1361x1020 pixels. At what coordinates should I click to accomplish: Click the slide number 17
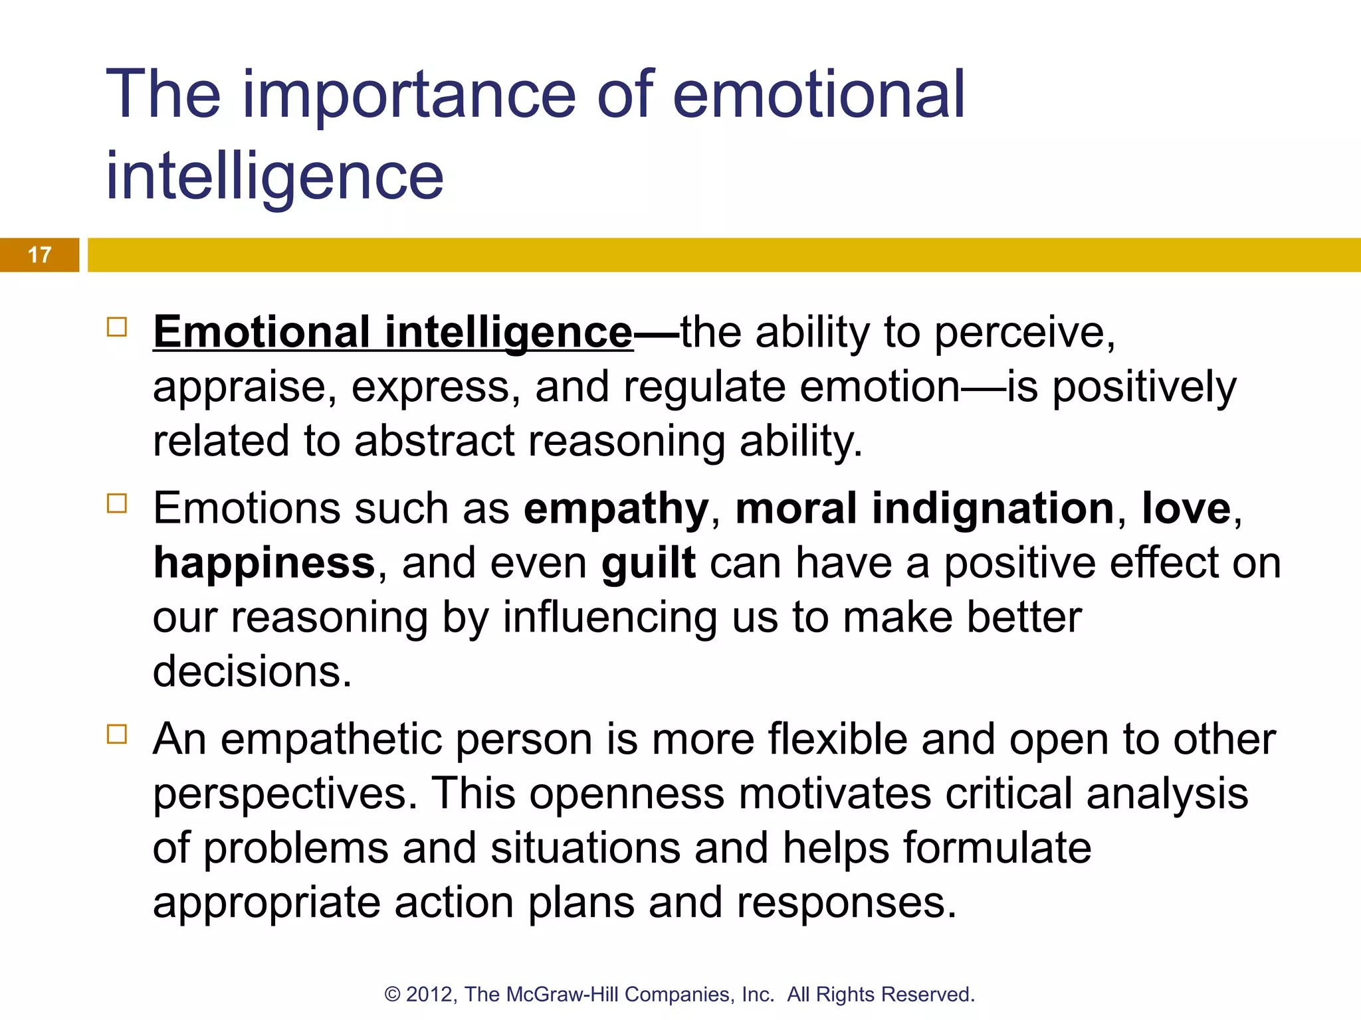pos(40,255)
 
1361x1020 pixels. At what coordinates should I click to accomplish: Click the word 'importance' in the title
pos(409,96)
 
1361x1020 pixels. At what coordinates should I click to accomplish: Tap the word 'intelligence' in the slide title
pos(274,176)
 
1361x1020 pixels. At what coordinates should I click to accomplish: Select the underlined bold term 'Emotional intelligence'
pos(393,332)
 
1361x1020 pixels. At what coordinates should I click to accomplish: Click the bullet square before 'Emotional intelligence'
pos(117,327)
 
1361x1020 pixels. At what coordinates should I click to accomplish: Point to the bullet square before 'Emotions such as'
pos(117,503)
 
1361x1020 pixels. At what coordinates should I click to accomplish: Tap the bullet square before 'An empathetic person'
pos(117,734)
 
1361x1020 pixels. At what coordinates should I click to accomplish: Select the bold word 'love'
pos(1186,509)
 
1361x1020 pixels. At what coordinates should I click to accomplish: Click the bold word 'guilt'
pos(649,563)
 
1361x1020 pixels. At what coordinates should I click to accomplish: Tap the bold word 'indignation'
pos(993,509)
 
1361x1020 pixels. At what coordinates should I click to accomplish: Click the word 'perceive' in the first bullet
pos(1024,332)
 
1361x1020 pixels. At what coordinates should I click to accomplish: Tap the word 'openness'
pos(627,794)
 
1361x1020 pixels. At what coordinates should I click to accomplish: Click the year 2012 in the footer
pos(430,994)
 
